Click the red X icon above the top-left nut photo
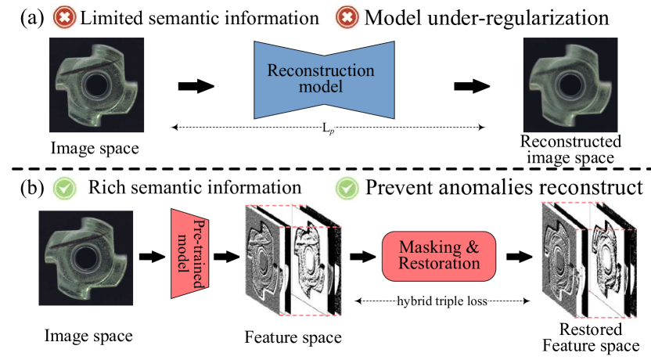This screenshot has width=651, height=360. (x=64, y=17)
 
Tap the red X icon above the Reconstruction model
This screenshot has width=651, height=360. (x=347, y=17)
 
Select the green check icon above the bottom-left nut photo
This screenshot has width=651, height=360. (x=64, y=189)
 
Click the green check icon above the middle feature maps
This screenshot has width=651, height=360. (x=347, y=189)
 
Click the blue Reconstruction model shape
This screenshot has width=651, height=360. (x=324, y=79)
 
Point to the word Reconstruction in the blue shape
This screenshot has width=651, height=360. (x=321, y=70)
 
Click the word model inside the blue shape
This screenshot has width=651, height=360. (x=321, y=87)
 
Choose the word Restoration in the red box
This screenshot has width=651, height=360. (x=438, y=265)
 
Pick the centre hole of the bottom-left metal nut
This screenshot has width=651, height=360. (x=86, y=256)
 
